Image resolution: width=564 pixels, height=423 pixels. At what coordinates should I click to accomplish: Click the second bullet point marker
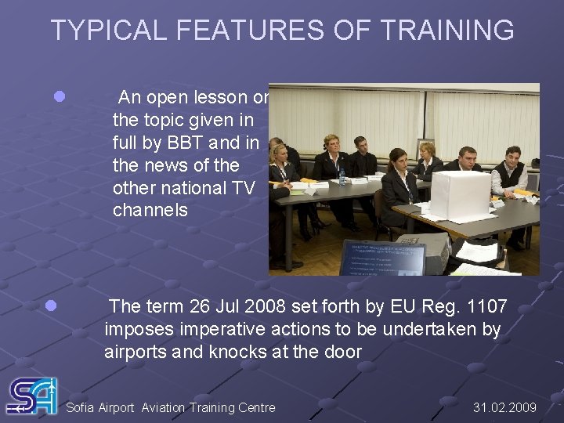point(51,306)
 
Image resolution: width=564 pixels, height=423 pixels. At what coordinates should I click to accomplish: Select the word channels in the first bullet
point(150,210)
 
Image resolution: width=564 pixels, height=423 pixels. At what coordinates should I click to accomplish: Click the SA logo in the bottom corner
point(31,396)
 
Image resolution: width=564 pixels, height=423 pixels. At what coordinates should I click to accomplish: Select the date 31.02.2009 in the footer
point(505,407)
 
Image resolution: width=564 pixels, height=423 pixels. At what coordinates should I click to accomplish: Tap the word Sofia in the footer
point(81,407)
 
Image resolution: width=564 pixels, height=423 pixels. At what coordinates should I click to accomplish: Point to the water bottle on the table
point(342,175)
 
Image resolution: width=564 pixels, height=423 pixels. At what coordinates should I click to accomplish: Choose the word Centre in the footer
point(255,407)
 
